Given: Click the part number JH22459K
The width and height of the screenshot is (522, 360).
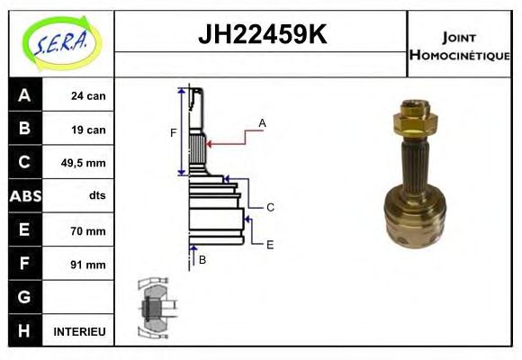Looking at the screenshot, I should click(261, 35).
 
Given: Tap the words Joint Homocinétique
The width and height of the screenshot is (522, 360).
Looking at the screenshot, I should click(459, 45).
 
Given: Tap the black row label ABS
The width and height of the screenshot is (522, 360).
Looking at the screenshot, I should click(24, 196).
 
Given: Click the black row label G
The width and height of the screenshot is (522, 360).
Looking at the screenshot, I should click(24, 297).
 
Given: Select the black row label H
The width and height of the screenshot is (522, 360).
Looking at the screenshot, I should click(24, 331).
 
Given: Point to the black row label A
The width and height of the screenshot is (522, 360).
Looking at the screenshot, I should click(24, 95).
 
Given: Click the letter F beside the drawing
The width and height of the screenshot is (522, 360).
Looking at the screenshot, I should click(173, 133).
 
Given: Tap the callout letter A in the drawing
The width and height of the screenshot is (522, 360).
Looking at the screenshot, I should click(262, 122).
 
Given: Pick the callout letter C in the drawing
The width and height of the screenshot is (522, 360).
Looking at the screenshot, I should click(270, 207).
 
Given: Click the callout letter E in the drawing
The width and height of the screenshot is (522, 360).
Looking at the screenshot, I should click(270, 244).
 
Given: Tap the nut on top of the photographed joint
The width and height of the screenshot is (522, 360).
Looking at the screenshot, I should click(415, 115).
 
